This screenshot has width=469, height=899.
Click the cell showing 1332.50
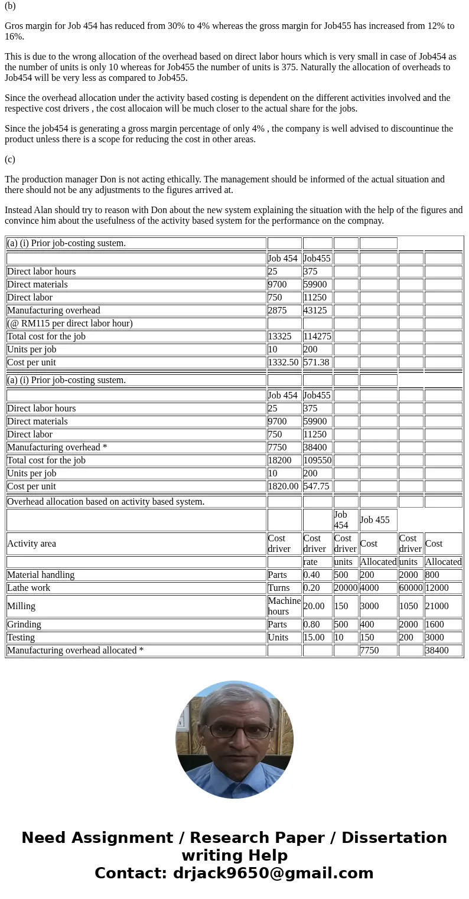[x=284, y=362]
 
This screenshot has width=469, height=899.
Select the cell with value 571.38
[x=317, y=362]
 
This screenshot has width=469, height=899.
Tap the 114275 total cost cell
[x=317, y=336]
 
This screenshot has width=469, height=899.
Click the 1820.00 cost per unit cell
[x=284, y=486]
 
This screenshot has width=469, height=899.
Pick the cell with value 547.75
[x=317, y=486]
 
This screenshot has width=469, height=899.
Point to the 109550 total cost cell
[x=317, y=460]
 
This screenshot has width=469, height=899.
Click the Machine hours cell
[x=284, y=606]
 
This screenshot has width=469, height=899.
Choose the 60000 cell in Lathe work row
[x=411, y=588]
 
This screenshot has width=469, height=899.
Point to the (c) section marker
[x=10, y=159]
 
